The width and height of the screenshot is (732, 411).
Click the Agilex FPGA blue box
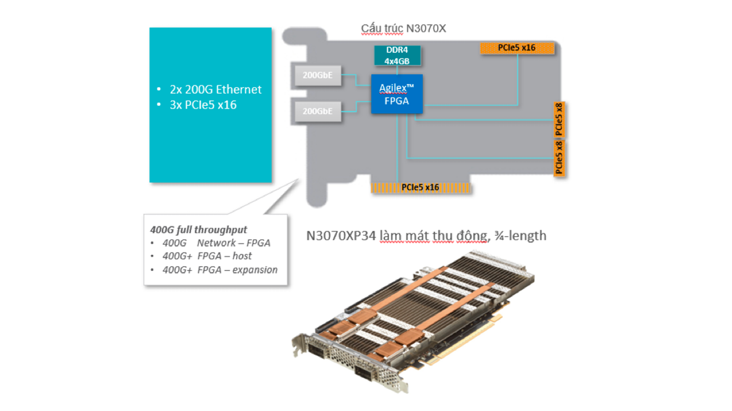coord(397,94)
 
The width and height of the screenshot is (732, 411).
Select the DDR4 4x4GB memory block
coord(397,55)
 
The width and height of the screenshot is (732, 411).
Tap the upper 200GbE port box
coord(318,75)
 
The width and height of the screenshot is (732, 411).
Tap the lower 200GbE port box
coord(318,111)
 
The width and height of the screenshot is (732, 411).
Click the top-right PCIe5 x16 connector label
coord(517,48)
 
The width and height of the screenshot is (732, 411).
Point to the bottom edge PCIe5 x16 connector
coord(421,187)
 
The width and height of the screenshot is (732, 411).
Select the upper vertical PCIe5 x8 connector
coord(559,120)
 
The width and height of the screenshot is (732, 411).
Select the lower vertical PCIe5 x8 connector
coord(559,158)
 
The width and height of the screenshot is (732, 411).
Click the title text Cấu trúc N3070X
coord(403,28)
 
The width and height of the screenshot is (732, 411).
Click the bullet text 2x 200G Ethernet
coord(215,89)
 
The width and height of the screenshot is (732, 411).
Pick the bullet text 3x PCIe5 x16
coord(203,105)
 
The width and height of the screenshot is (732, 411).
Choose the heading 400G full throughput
coord(199,230)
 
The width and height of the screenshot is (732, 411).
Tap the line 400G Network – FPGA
coord(216,243)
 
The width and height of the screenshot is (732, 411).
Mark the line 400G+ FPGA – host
coord(207,256)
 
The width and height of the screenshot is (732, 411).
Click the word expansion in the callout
coord(255,270)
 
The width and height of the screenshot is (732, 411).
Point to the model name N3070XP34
coord(341,236)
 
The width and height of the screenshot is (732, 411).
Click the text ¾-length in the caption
coord(520,236)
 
